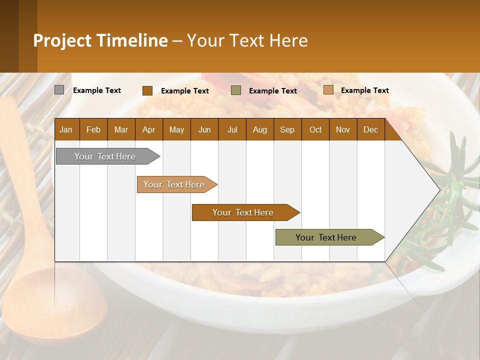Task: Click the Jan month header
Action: pos(66,129)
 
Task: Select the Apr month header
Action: pos(148,129)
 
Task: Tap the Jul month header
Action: pos(232,129)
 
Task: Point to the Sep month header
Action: pos(287,129)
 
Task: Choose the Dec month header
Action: pos(370,129)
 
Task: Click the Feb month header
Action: pos(93,129)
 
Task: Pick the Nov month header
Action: pos(342,129)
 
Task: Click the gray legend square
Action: pos(59,90)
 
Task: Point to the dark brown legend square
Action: pos(147,90)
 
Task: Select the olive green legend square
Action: pos(236,90)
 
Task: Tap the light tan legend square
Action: pos(328,90)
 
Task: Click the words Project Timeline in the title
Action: pos(100,40)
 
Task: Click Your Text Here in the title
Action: pos(247,40)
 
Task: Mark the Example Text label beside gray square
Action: pos(97,90)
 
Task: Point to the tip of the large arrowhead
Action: pos(439,189)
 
